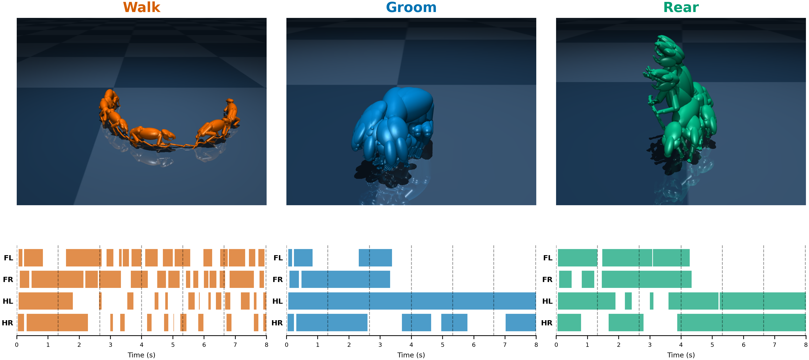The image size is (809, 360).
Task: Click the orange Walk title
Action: point(141,7)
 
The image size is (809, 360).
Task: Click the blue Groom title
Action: point(411,7)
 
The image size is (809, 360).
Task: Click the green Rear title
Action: point(681,7)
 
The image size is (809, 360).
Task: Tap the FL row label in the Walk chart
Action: point(8,258)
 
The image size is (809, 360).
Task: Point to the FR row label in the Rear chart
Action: point(547,280)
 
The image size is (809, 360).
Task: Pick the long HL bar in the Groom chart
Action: point(411,301)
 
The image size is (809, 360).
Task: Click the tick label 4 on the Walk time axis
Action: point(141,345)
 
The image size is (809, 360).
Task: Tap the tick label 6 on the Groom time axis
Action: point(474,345)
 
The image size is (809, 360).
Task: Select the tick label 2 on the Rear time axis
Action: point(618,345)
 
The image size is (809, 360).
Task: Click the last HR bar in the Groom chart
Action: point(520,323)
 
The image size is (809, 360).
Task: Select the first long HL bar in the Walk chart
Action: point(45,301)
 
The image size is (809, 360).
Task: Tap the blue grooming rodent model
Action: point(392,126)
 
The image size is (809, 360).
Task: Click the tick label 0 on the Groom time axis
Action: point(286,345)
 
